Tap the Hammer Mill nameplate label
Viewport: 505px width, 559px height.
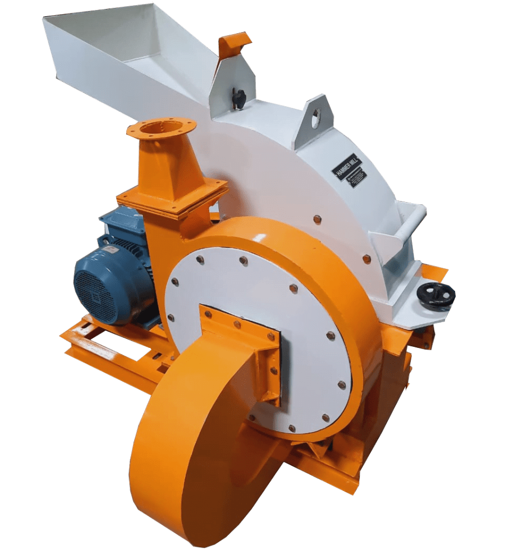pyautogui.click(x=347, y=167)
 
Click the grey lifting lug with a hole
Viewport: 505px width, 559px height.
pyautogui.click(x=315, y=117)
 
